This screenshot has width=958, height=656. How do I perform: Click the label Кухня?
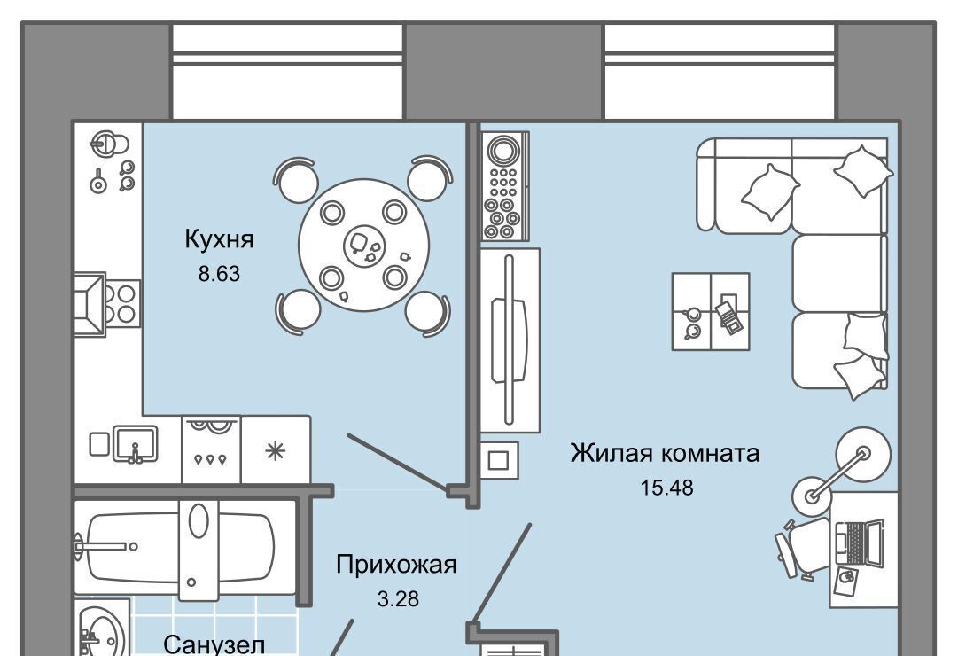(x=219, y=239)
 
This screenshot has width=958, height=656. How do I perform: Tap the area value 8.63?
(x=219, y=273)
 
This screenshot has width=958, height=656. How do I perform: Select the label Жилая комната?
(x=665, y=453)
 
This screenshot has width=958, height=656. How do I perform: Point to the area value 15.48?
(x=666, y=488)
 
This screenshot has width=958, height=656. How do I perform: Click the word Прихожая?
(x=396, y=565)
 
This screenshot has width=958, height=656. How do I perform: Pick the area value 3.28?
(x=397, y=599)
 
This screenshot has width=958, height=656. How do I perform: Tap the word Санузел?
(x=214, y=644)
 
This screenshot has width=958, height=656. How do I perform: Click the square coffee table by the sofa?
(x=711, y=310)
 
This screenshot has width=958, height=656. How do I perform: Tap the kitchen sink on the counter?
(x=135, y=443)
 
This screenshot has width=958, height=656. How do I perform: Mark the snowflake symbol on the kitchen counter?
(x=276, y=450)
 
